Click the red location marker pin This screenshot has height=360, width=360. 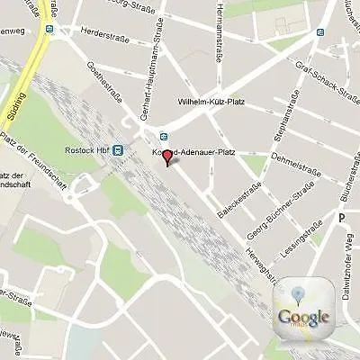point(167,158)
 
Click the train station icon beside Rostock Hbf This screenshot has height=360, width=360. point(117,150)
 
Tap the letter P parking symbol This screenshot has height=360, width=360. point(342,217)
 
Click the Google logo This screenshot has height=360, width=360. point(303,316)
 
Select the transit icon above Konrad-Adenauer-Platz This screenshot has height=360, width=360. point(163,136)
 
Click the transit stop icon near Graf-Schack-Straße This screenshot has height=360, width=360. point(320,30)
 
